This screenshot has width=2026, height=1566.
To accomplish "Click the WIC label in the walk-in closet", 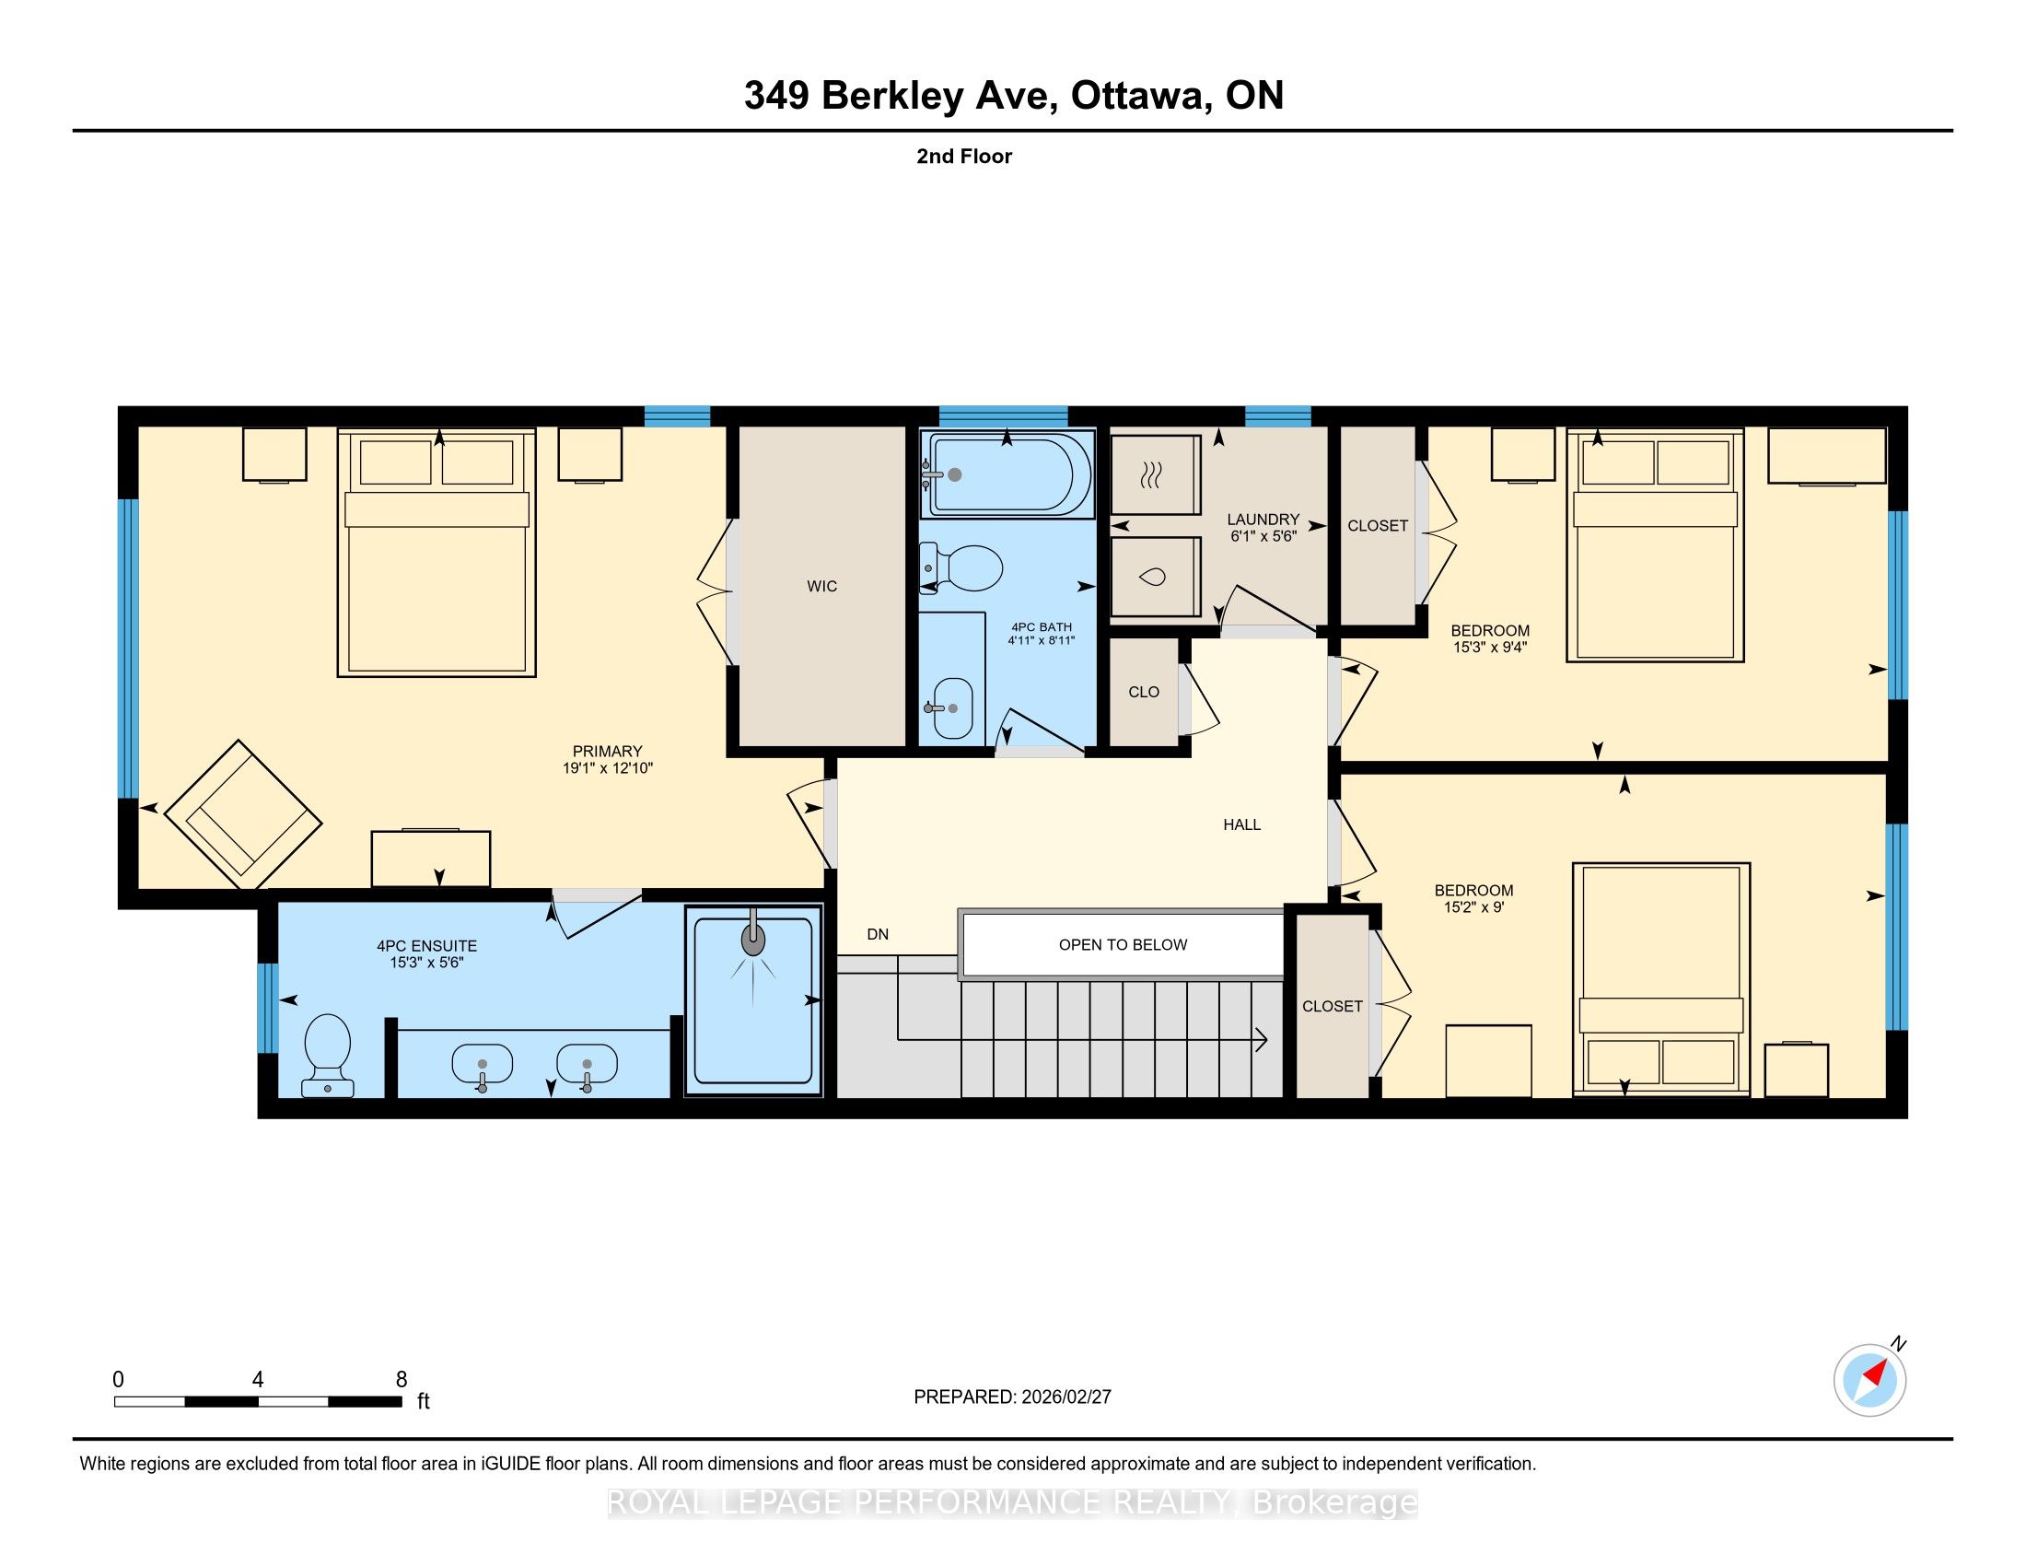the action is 821,586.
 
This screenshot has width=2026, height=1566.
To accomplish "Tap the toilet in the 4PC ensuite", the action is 328,1055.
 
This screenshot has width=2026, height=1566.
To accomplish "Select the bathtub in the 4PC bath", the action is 1007,473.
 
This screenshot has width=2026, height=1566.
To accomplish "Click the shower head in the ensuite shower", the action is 753,940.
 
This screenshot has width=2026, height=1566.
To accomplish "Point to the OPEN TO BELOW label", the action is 1123,944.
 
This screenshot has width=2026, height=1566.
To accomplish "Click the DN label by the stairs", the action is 878,934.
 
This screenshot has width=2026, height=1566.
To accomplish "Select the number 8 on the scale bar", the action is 402,1379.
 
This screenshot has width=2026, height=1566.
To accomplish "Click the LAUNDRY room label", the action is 1263,520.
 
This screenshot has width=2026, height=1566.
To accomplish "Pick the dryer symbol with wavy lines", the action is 1155,474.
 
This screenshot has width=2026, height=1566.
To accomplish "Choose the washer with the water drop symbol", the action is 1155,577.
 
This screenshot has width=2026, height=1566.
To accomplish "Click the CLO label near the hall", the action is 1144,692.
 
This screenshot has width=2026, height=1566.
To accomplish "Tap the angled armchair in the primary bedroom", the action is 243,813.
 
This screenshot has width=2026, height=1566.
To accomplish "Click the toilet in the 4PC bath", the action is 961,567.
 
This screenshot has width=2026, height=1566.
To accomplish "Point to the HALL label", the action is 1241,824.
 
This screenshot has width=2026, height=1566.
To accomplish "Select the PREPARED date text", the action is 1012,1397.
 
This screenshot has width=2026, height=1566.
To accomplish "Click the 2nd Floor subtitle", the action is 964,157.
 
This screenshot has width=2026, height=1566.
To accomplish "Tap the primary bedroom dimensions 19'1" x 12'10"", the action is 608,768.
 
